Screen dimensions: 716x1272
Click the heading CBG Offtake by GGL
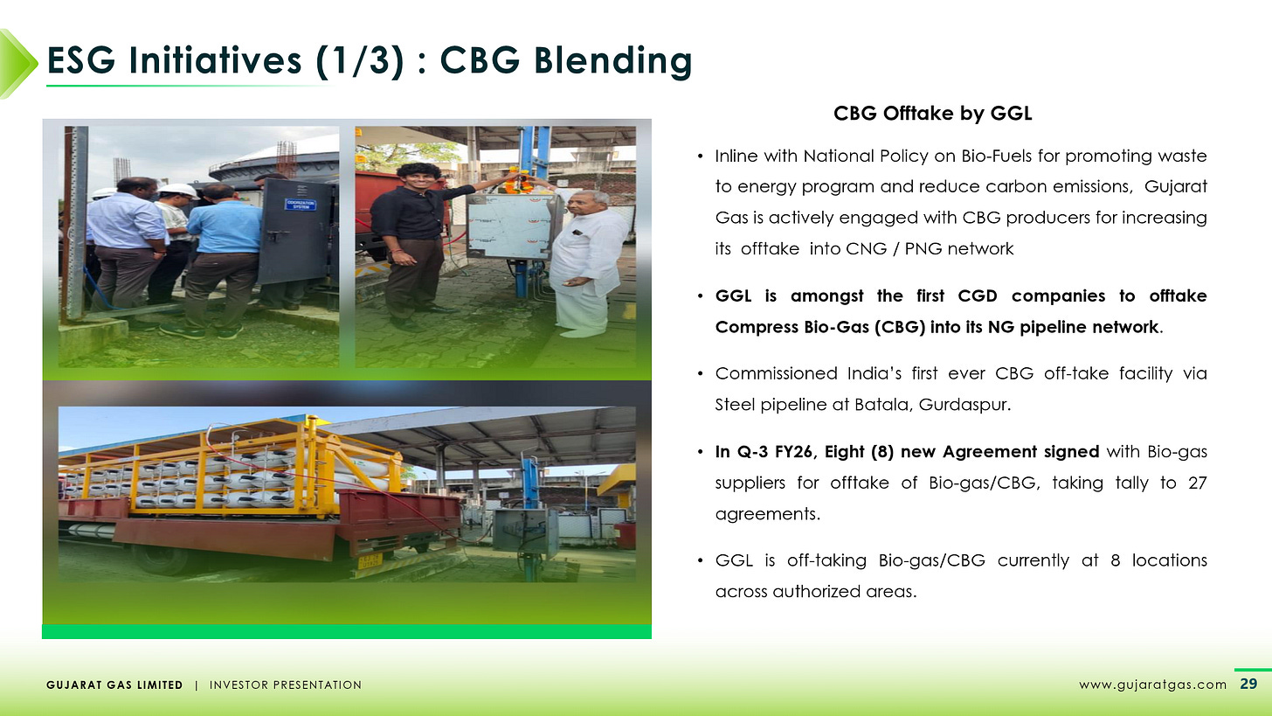click(933, 115)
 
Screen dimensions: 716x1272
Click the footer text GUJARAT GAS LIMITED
click(114, 685)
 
